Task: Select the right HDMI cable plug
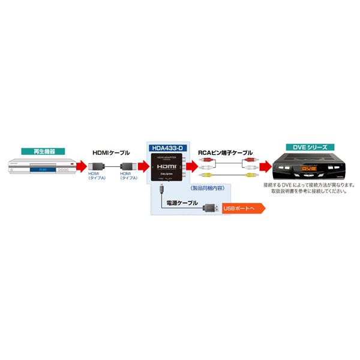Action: coord(127,167)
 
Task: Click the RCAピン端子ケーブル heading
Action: coord(225,153)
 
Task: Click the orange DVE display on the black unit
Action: coord(307,170)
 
